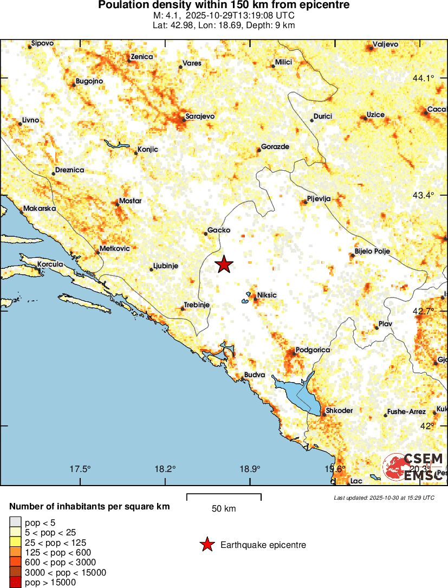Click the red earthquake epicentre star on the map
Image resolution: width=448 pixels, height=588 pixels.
(x=224, y=264)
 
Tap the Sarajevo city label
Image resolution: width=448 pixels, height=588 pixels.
(x=200, y=116)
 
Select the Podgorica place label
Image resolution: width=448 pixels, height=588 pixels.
(x=313, y=350)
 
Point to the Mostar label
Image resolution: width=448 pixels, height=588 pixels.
(x=130, y=201)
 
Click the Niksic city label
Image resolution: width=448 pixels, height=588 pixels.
(x=267, y=295)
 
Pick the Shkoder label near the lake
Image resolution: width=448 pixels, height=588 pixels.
(x=339, y=411)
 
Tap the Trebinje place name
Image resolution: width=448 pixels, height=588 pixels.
(x=197, y=305)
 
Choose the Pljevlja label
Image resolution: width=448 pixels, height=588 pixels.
(x=319, y=199)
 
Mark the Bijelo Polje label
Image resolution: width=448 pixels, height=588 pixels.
(x=372, y=251)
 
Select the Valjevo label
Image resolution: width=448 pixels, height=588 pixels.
(x=386, y=44)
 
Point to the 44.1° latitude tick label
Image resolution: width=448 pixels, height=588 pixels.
(x=423, y=79)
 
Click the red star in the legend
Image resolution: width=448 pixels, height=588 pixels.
(x=206, y=545)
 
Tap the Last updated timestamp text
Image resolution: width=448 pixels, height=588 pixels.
(x=384, y=497)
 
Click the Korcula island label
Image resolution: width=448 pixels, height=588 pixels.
(x=50, y=264)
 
